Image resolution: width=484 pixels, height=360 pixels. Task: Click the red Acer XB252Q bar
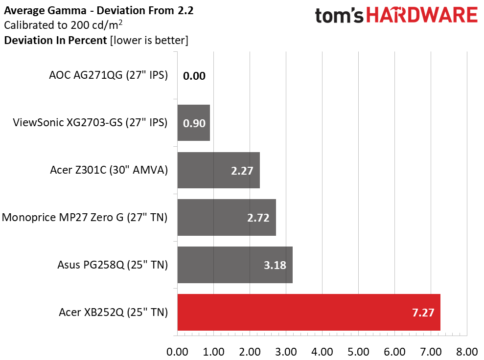pyautogui.click(x=309, y=312)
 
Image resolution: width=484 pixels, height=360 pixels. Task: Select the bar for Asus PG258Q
pyautogui.click(x=235, y=265)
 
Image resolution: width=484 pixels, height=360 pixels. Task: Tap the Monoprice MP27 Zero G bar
pyautogui.click(x=227, y=218)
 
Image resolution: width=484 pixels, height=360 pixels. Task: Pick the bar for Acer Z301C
pyautogui.click(x=219, y=170)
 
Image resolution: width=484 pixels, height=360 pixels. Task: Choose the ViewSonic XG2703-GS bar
pyautogui.click(x=193, y=123)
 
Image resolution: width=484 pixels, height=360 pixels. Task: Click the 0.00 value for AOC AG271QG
pyautogui.click(x=194, y=76)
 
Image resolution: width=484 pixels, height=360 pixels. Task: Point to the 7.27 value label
pyautogui.click(x=423, y=313)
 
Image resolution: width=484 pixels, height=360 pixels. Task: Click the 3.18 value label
pyautogui.click(x=275, y=265)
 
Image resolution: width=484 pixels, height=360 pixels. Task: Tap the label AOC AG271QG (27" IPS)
pyautogui.click(x=108, y=75)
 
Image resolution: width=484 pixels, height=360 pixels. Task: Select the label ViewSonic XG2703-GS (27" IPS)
pyautogui.click(x=90, y=122)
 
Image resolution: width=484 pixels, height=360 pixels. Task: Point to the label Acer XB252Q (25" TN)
pyautogui.click(x=113, y=312)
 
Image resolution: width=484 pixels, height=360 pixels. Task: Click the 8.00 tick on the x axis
pyautogui.click(x=467, y=352)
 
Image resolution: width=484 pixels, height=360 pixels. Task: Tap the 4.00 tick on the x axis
pyautogui.click(x=322, y=352)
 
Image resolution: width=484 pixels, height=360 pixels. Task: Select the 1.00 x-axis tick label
pyautogui.click(x=213, y=352)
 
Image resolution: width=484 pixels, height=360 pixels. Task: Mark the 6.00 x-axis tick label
pyautogui.click(x=394, y=352)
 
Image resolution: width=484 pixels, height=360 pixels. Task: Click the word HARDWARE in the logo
pyautogui.click(x=422, y=15)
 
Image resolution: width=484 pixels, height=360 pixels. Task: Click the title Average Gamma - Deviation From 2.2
pyautogui.click(x=99, y=10)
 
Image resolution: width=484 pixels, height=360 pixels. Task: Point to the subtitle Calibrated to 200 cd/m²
pyautogui.click(x=63, y=24)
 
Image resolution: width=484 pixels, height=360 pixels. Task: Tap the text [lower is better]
pyautogui.click(x=149, y=41)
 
